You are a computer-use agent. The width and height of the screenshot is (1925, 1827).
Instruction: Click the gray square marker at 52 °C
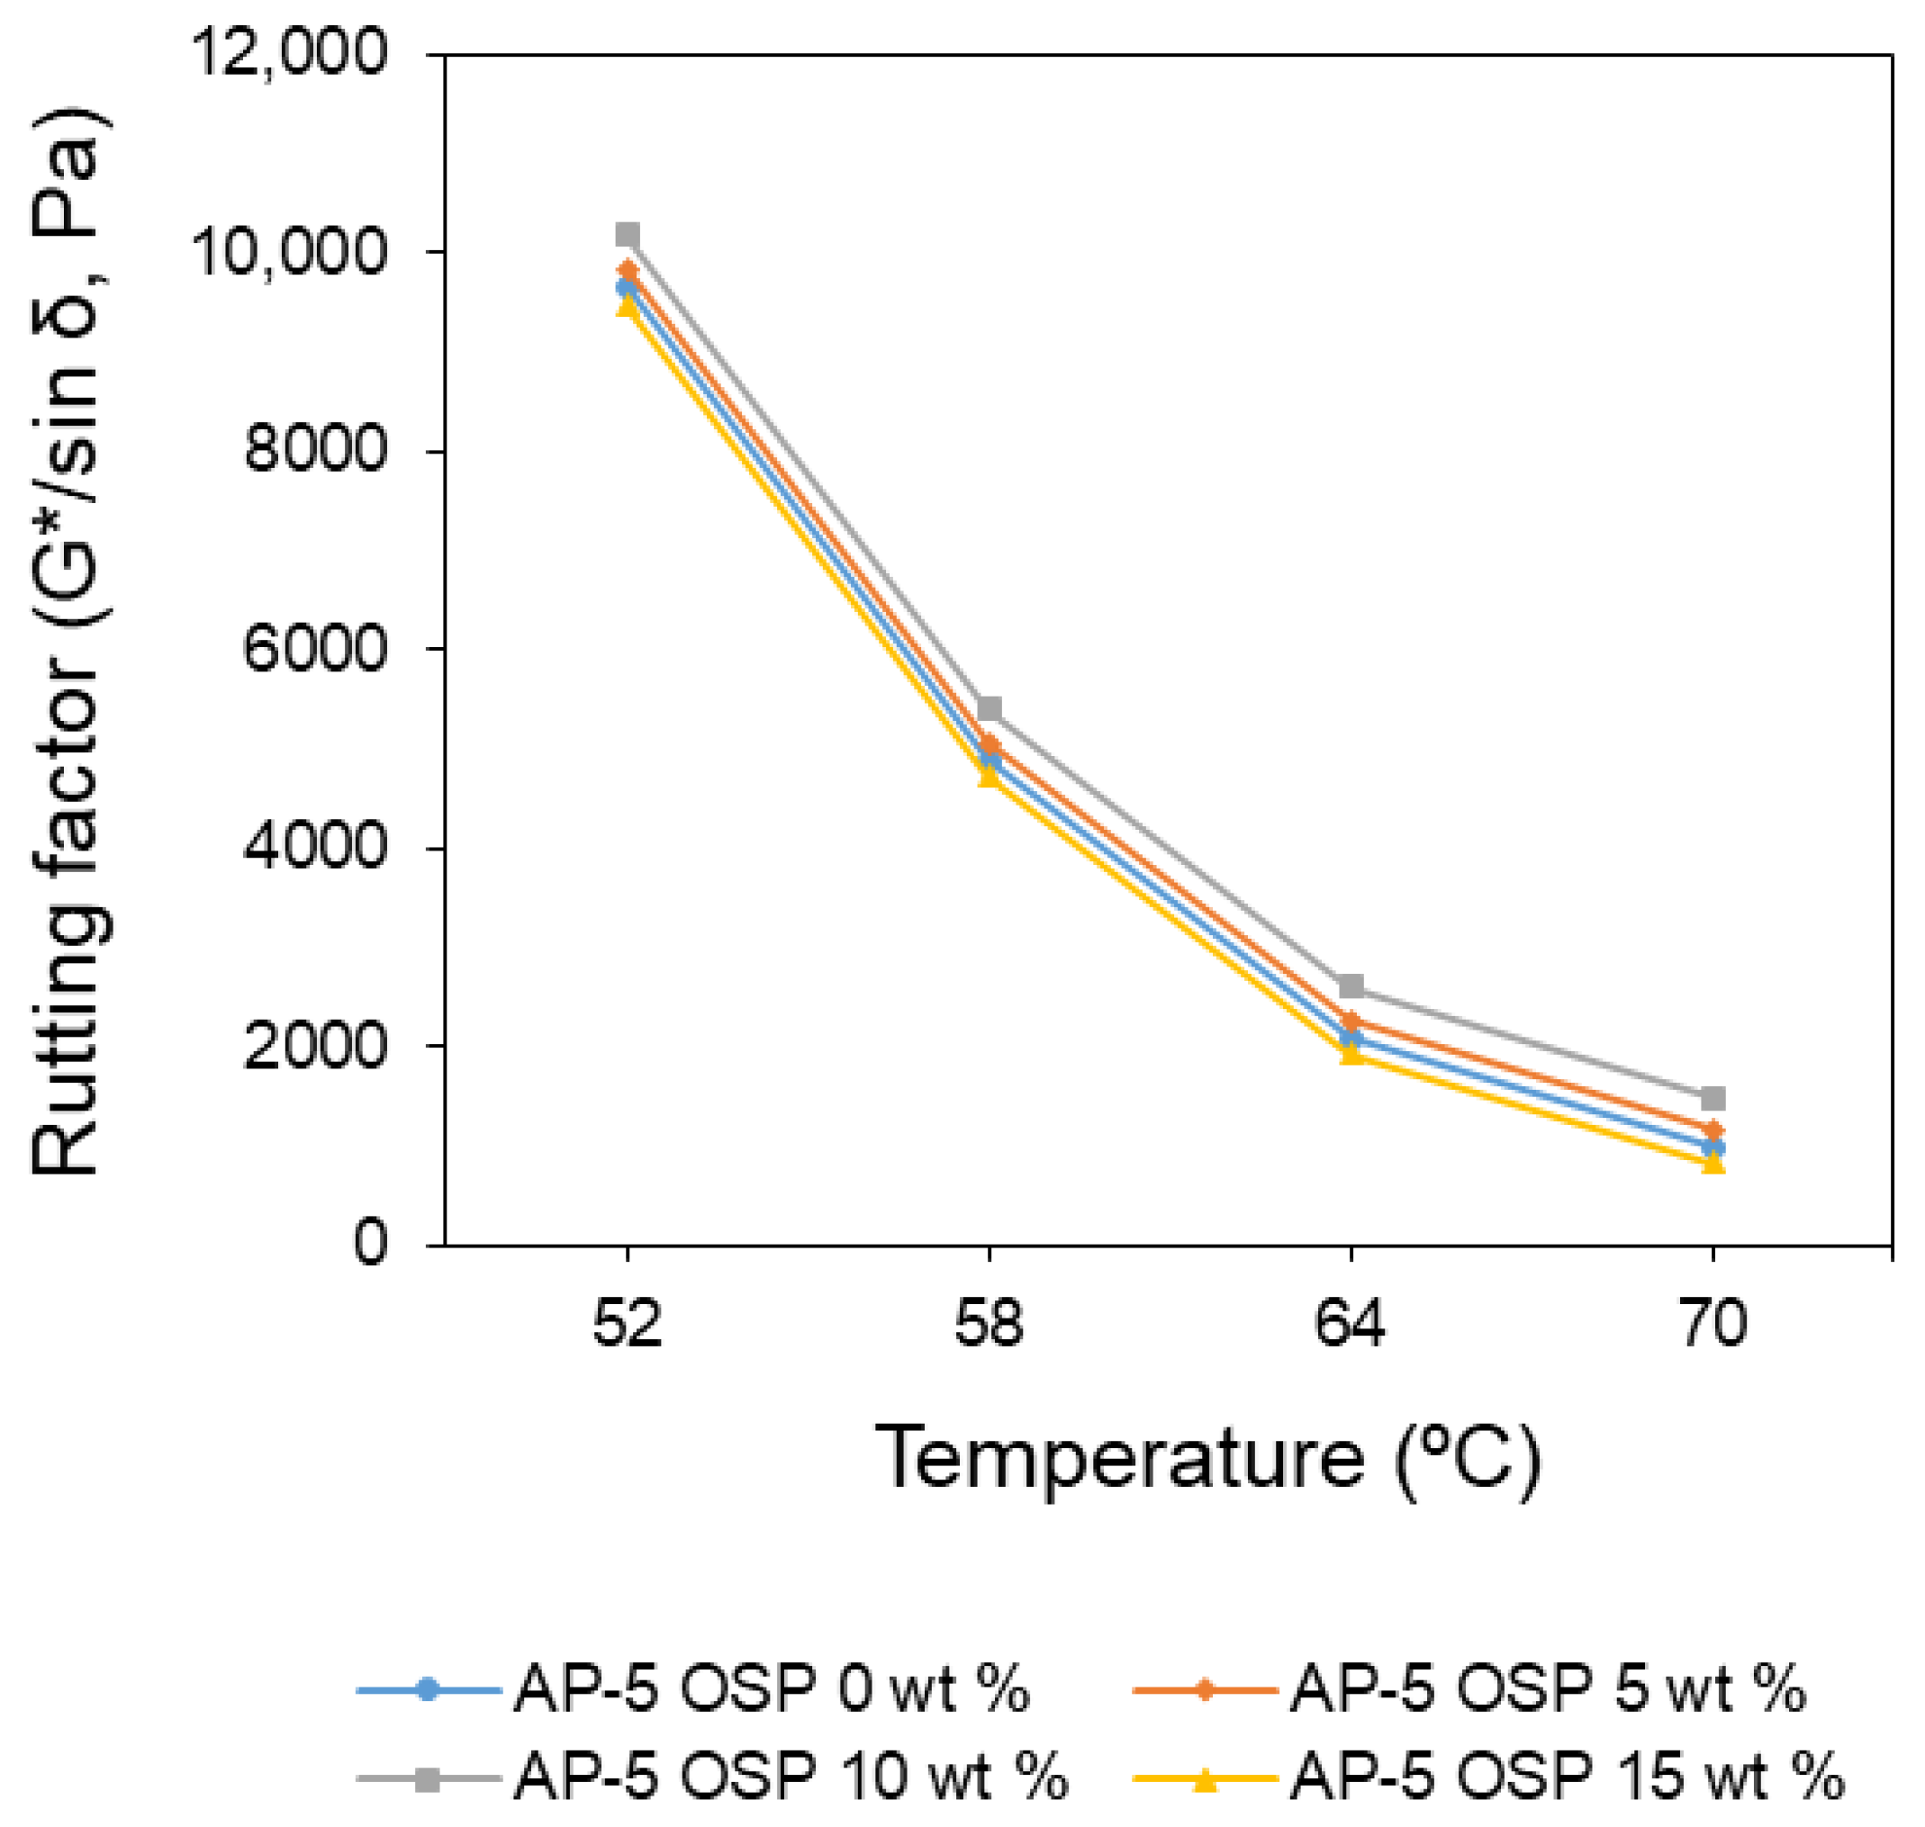click(628, 235)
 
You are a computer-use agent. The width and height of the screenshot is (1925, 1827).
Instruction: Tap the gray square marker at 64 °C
click(1351, 986)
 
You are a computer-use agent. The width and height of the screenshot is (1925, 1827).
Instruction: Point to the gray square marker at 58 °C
click(990, 708)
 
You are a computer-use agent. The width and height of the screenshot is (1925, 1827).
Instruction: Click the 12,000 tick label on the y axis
click(292, 57)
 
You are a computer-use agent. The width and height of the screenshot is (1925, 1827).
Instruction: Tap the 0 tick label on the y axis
click(369, 1244)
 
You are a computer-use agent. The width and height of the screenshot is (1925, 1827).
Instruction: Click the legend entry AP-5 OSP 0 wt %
click(770, 1687)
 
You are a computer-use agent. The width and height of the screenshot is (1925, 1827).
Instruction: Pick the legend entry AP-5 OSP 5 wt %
click(1547, 1687)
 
